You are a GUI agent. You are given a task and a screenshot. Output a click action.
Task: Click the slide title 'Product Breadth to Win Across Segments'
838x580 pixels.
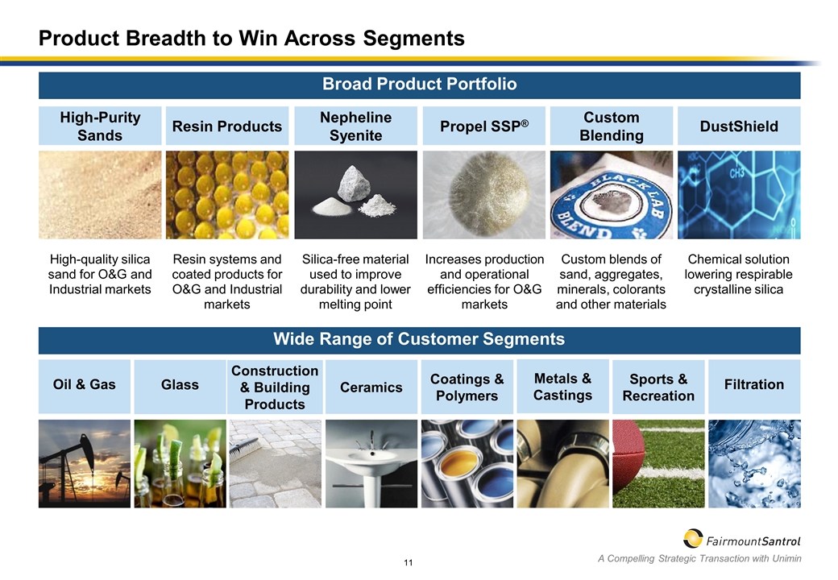(x=252, y=38)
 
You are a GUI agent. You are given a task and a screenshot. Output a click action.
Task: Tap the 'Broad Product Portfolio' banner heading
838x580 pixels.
(x=419, y=84)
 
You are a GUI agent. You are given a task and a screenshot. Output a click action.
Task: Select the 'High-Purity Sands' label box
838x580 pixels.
(x=100, y=126)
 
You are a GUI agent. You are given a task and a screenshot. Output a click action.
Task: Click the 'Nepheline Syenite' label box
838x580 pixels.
(x=355, y=126)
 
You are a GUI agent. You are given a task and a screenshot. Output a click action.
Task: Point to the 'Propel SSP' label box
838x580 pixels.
(x=483, y=126)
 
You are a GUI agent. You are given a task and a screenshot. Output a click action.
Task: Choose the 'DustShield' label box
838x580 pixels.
(x=739, y=126)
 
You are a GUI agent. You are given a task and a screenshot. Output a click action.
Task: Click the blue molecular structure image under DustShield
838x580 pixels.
(x=739, y=195)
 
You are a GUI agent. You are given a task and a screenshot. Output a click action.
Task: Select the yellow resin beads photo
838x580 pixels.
(x=227, y=195)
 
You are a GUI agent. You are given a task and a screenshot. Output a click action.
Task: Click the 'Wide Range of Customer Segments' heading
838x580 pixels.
(x=419, y=339)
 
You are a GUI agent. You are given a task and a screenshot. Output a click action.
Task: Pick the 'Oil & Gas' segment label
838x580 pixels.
(x=85, y=385)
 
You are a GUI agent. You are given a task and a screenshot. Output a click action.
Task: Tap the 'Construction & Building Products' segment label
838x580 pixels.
(x=275, y=387)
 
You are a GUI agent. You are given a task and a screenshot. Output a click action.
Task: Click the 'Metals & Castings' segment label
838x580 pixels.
(x=562, y=387)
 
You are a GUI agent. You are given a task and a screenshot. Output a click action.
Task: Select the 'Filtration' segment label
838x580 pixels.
(x=754, y=385)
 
